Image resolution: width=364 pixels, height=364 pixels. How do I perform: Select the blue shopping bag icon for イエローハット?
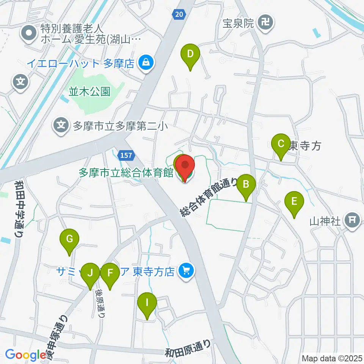coord(145,63)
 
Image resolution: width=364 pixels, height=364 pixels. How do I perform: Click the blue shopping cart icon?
coord(186,270)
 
